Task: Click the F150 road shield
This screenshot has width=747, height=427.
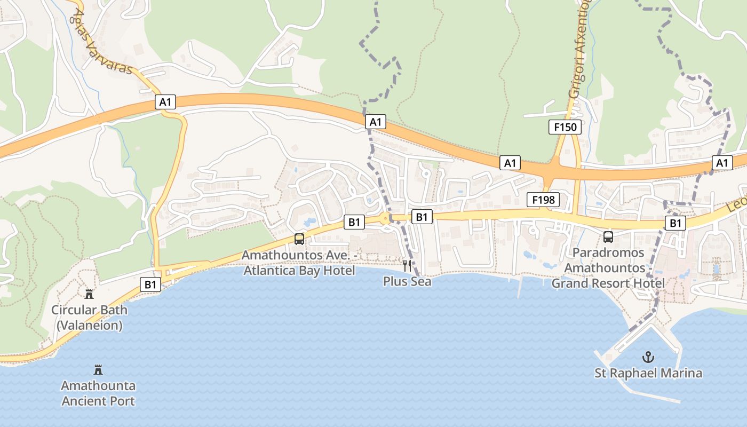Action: (565, 127)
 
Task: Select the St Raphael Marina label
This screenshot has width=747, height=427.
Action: (648, 373)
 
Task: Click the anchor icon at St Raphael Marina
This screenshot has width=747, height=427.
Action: (648, 357)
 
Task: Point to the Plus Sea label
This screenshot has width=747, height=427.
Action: (407, 281)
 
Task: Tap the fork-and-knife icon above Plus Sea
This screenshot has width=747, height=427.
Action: (407, 265)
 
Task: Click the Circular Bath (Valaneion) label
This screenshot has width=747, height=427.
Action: (89, 317)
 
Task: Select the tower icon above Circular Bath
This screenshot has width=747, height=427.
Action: (89, 294)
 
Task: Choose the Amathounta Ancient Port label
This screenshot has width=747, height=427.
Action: (98, 393)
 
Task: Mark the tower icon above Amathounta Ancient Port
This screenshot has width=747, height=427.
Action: (98, 369)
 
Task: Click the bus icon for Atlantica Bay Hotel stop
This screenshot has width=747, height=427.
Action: (299, 239)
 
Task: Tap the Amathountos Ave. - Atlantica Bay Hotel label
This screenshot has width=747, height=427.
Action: (299, 263)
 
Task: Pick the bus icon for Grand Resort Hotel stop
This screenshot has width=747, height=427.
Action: (608, 237)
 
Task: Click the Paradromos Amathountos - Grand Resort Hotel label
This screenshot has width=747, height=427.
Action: (608, 267)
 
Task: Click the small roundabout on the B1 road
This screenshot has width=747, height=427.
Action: (385, 218)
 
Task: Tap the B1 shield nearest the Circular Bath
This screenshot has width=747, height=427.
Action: (150, 284)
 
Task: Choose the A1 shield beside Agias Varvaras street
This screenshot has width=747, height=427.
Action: (165, 102)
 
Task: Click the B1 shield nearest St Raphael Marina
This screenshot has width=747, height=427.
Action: (675, 223)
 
